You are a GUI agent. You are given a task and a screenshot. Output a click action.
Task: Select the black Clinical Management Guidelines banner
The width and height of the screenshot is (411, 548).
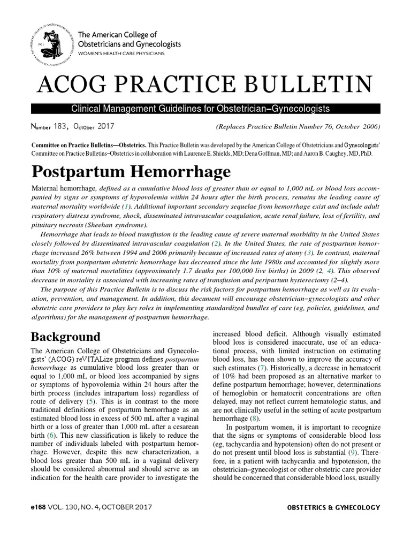(x=205, y=109)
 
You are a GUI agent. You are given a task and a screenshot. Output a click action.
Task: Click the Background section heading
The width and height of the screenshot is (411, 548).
(x=65, y=337)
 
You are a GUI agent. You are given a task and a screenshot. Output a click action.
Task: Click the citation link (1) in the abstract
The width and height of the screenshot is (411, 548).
(x=126, y=205)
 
